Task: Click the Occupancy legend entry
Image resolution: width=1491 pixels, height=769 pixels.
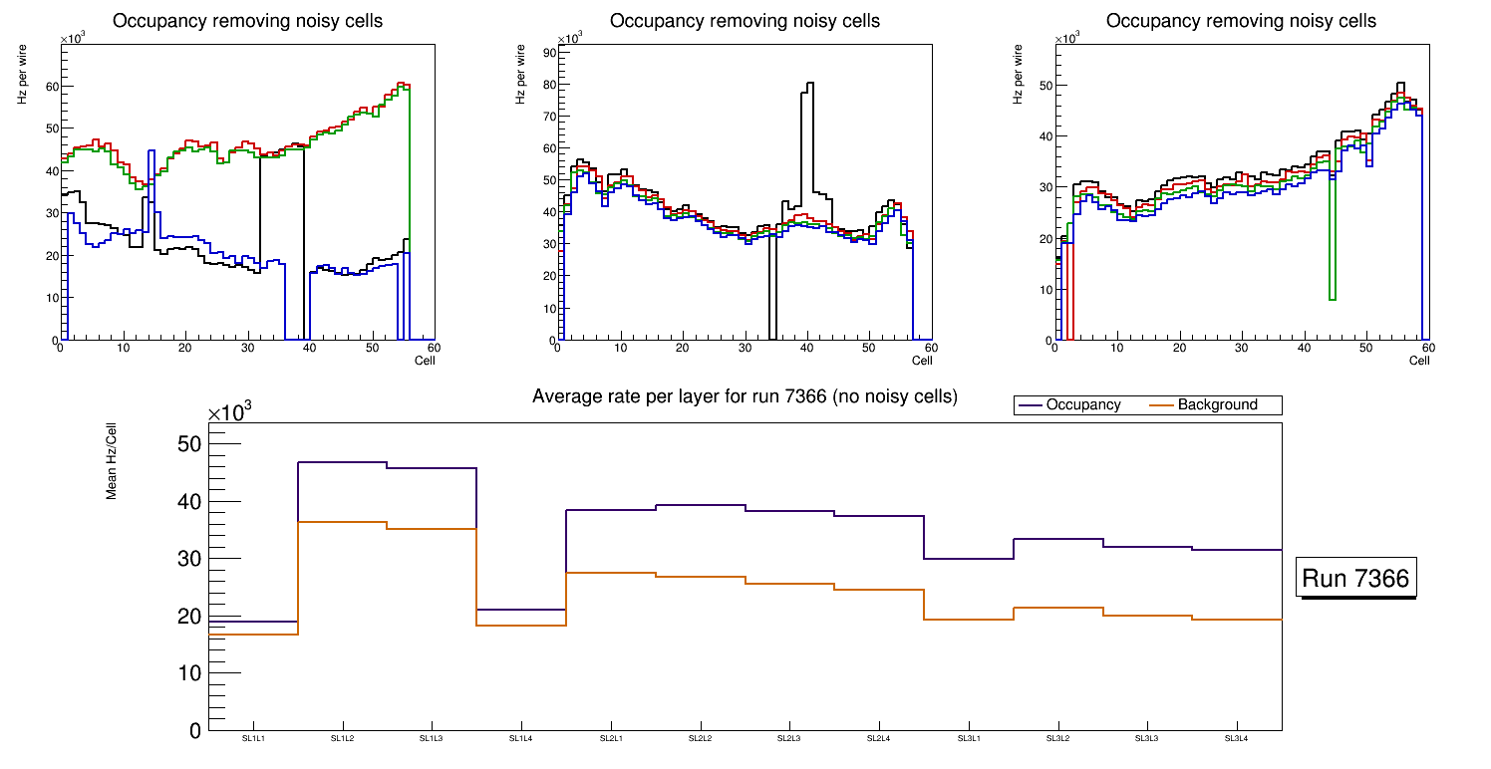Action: pyautogui.click(x=1082, y=405)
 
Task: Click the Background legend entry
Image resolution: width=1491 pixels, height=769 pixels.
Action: pyautogui.click(x=1217, y=405)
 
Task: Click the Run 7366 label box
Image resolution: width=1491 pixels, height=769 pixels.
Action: pyautogui.click(x=1357, y=579)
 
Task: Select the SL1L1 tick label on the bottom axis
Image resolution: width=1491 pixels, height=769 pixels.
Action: pyautogui.click(x=253, y=738)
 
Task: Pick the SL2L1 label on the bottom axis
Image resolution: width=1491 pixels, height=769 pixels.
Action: pyautogui.click(x=611, y=738)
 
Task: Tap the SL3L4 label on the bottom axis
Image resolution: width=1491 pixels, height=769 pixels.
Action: pyautogui.click(x=1236, y=738)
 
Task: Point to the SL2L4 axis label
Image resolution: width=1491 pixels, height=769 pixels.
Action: pyautogui.click(x=878, y=738)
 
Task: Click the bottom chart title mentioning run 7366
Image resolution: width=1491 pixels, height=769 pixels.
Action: pyautogui.click(x=745, y=396)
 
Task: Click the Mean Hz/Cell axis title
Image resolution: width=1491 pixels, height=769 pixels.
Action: pyautogui.click(x=113, y=467)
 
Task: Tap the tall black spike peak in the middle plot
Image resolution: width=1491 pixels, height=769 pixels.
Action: pyautogui.click(x=809, y=84)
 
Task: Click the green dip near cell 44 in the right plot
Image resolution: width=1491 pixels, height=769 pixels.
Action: pyautogui.click(x=1333, y=298)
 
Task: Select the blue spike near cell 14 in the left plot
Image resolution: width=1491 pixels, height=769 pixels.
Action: pyautogui.click(x=150, y=151)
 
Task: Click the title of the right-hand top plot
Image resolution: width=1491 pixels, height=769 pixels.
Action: pyautogui.click(x=1241, y=21)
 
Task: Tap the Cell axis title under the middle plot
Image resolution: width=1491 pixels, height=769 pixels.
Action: pyautogui.click(x=922, y=360)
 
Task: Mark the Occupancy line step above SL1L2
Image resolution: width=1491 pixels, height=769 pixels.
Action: pyautogui.click(x=342, y=462)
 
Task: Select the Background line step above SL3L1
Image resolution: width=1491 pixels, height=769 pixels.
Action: pyautogui.click(x=969, y=620)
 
